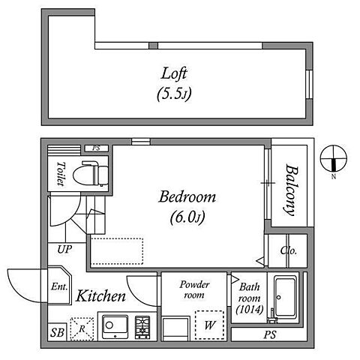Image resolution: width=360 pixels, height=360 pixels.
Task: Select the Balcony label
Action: [291, 190]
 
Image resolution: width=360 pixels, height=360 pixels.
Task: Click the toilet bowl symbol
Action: [91, 173]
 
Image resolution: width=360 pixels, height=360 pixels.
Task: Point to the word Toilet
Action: [61, 174]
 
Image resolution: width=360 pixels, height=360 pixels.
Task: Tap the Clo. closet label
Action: [289, 250]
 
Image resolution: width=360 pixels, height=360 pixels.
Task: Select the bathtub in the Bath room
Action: [285, 299]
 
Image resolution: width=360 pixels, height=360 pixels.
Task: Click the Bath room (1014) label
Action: [250, 298]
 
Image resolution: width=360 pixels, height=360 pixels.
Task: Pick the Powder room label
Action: [194, 289]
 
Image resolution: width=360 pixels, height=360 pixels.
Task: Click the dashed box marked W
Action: [209, 325]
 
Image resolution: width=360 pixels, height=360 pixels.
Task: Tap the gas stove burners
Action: [142, 328]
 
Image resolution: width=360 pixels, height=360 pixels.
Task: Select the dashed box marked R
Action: [82, 329]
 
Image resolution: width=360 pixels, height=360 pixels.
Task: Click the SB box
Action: [57, 332]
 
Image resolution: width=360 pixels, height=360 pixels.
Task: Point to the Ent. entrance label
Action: [59, 286]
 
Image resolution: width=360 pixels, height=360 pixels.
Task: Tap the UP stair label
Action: [64, 249]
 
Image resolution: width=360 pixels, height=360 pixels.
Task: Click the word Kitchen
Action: [100, 296]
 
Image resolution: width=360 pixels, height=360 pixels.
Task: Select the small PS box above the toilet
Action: [97, 148]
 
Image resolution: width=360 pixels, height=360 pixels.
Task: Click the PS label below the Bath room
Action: [270, 334]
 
